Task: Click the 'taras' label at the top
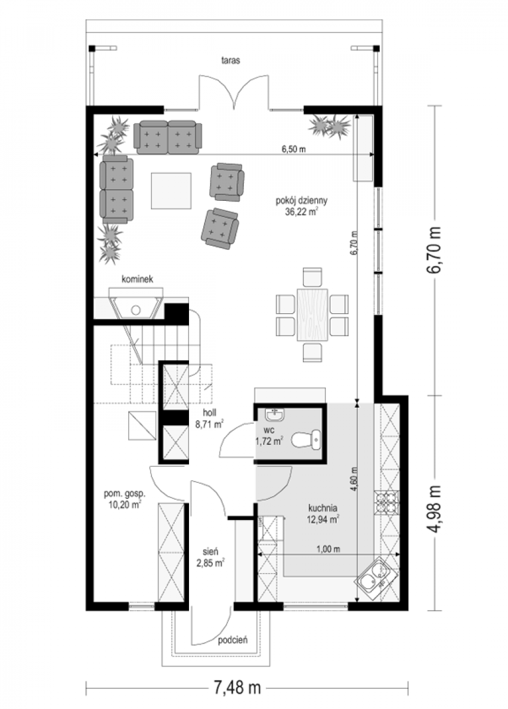[x=230, y=60]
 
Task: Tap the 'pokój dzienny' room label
[x=301, y=201]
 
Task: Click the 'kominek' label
[x=138, y=279]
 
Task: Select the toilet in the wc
[x=305, y=440]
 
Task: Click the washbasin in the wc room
[x=275, y=414]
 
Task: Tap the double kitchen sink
[x=375, y=574]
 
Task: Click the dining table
[x=312, y=314]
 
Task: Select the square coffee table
[x=171, y=190]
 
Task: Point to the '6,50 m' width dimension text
[x=294, y=149]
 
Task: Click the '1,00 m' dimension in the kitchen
[x=328, y=549]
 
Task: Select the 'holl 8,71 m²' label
[x=210, y=418]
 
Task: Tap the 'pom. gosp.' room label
[x=125, y=493]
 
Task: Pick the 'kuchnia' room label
[x=323, y=508]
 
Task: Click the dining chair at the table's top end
[x=312, y=277]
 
